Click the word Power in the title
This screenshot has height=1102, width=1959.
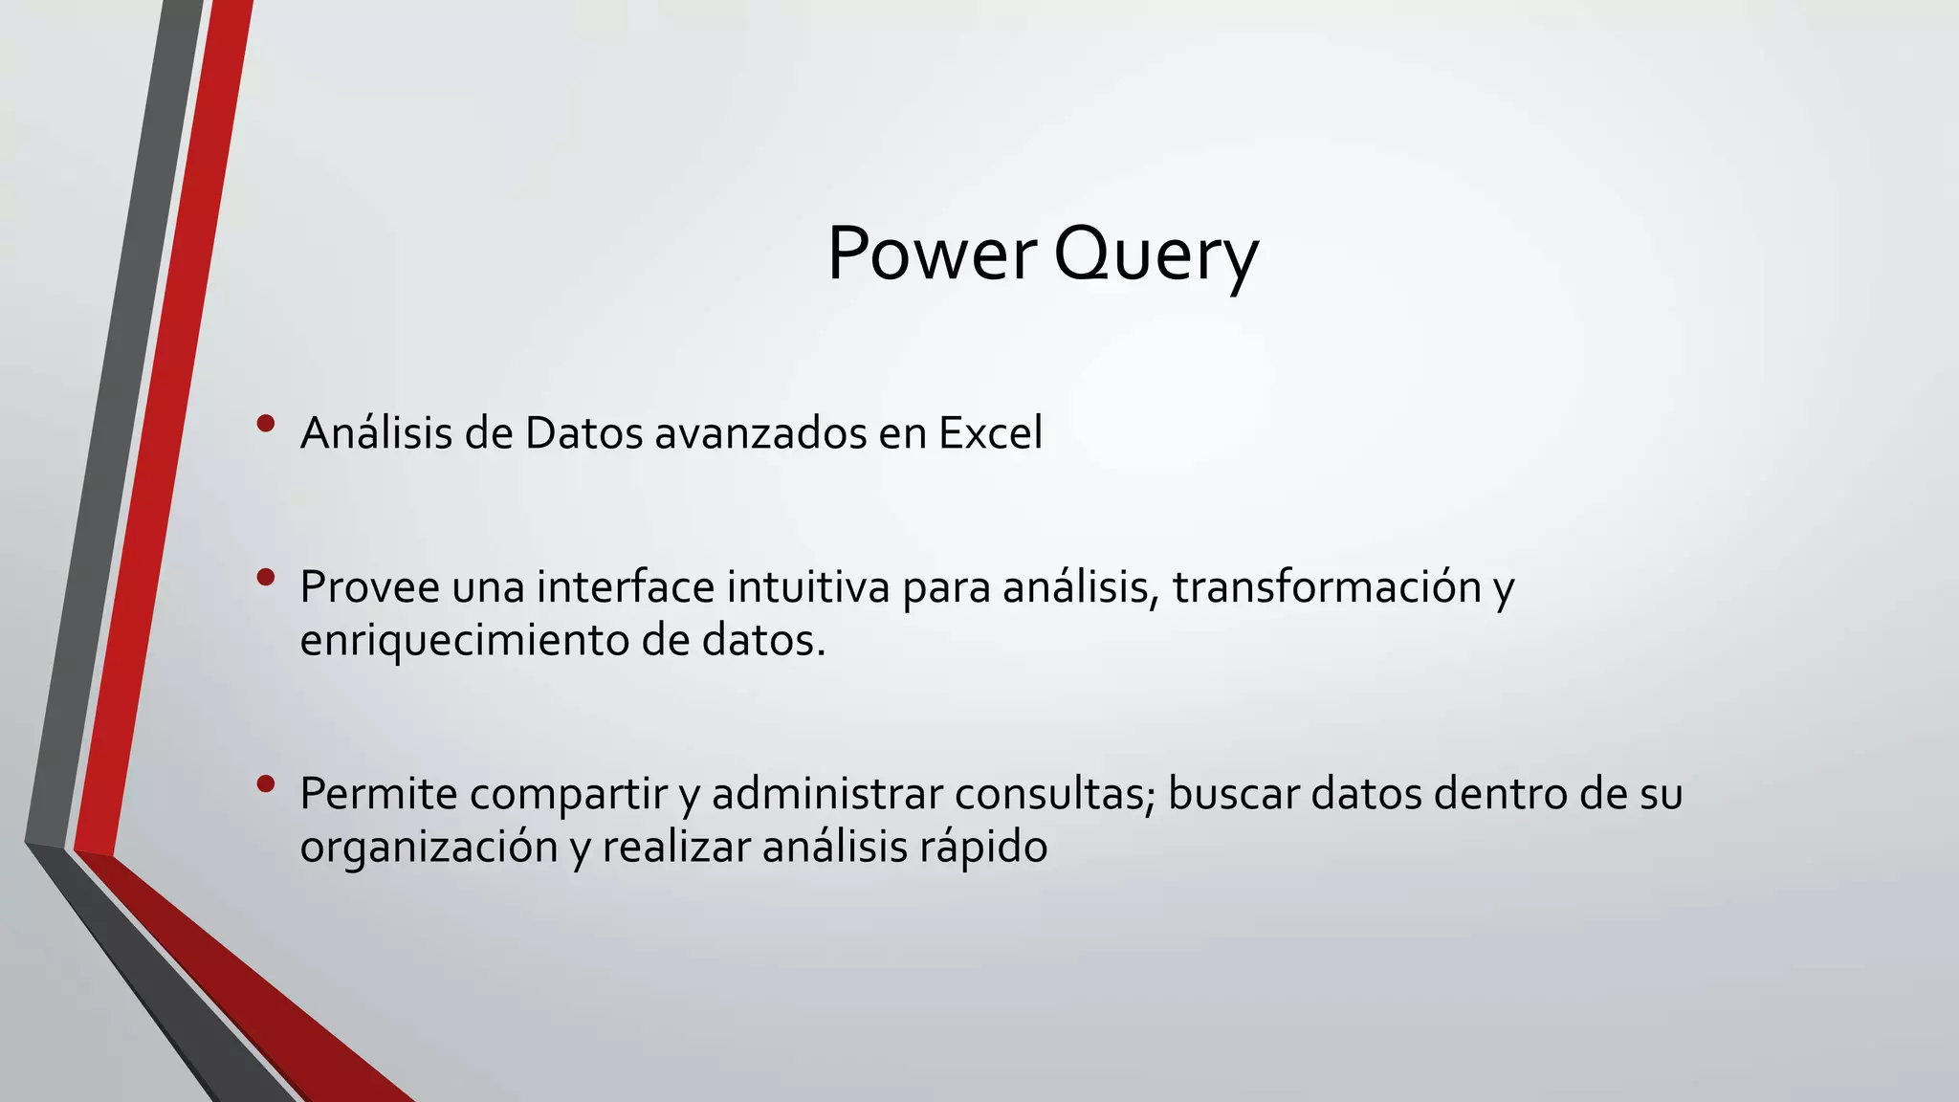(931, 254)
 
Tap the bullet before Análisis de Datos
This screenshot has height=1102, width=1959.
(266, 423)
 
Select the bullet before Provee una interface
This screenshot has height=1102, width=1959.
(266, 577)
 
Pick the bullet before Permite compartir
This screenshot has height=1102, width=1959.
(266, 784)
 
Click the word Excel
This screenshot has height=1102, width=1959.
(990, 433)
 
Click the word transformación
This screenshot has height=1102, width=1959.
(1328, 587)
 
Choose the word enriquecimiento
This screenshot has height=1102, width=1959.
(463, 641)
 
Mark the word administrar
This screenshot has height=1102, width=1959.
(826, 794)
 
